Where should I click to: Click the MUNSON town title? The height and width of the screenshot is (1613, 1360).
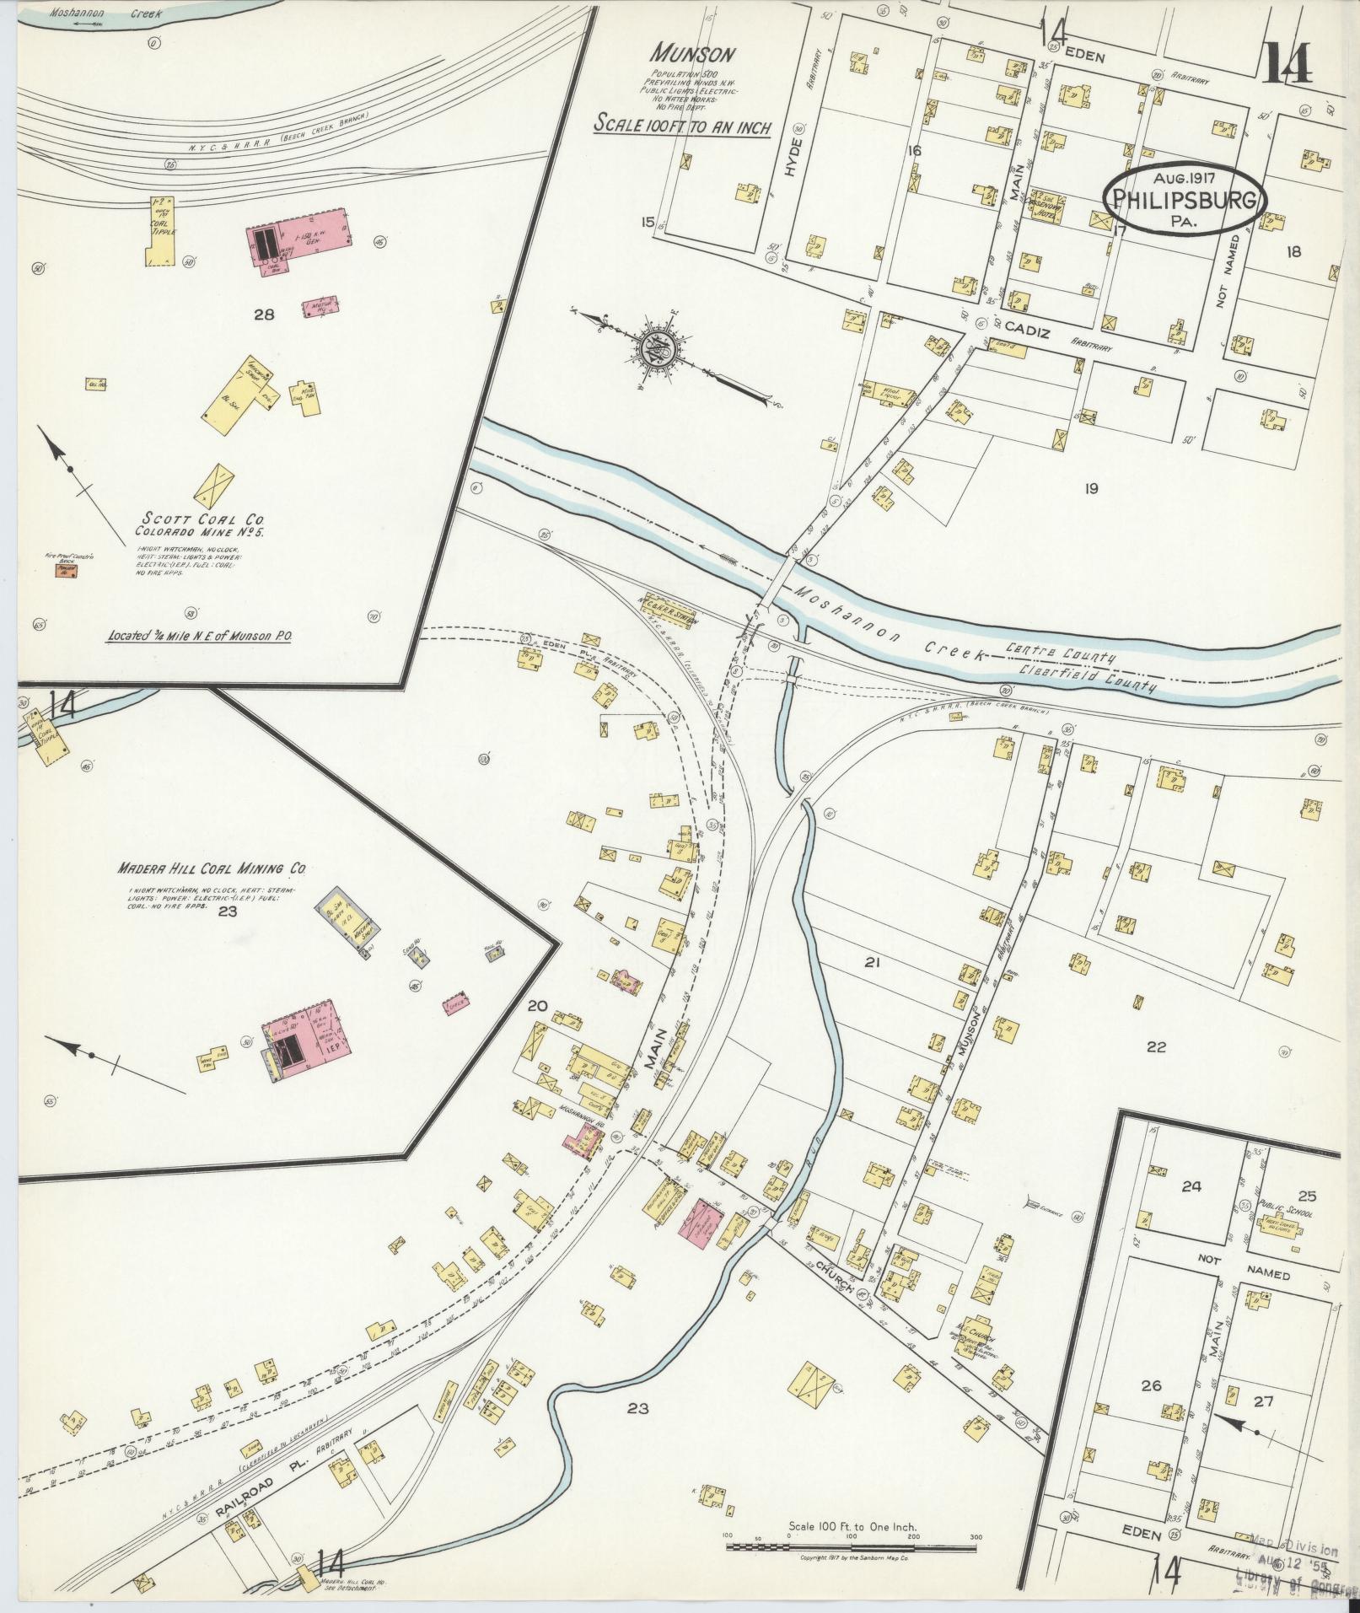pos(692,55)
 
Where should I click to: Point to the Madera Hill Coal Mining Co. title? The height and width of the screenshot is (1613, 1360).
pos(212,868)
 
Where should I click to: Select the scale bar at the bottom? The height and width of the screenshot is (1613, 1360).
pos(852,1547)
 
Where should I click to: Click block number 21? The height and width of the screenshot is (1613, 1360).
pos(873,960)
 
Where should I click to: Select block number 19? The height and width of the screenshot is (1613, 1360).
pos(1091,487)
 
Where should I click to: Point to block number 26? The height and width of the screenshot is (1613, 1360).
pos(1151,1385)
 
